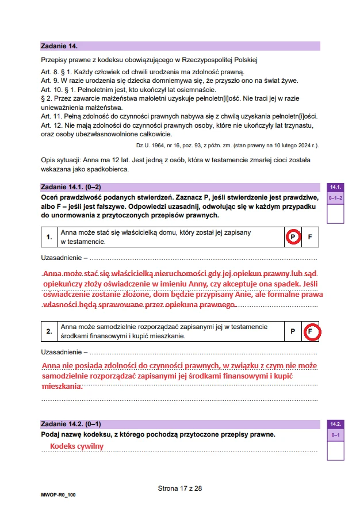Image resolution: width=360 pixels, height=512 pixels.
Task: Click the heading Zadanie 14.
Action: [x=59, y=45]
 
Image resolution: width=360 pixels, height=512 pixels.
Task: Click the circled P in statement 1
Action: [x=292, y=237]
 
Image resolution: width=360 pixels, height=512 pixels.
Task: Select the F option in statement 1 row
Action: [x=310, y=237]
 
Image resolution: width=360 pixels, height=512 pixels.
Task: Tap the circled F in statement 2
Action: [x=310, y=331]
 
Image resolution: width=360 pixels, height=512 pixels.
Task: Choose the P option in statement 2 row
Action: [x=292, y=331]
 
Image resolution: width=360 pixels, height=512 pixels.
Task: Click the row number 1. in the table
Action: [x=49, y=237]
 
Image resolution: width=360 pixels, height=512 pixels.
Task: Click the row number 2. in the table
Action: [x=49, y=331]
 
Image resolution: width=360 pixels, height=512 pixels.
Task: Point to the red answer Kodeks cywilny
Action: [x=76, y=446]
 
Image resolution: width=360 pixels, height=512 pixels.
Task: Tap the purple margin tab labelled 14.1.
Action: [x=335, y=187]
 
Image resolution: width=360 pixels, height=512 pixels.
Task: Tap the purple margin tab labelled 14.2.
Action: [x=335, y=424]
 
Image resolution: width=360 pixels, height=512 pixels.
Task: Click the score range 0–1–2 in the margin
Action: [x=335, y=198]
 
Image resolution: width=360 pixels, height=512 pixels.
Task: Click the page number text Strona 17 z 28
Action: [x=180, y=488]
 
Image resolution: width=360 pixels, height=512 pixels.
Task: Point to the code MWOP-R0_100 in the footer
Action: [x=58, y=495]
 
